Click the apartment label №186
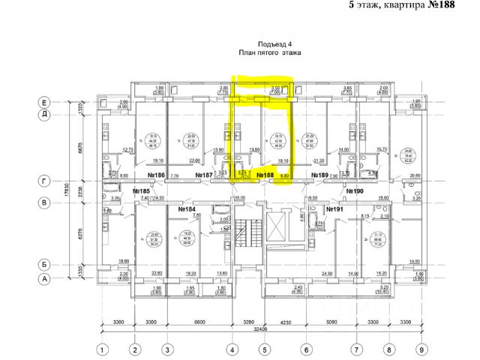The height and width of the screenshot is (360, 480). [156, 176]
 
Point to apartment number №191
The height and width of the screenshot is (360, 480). [335, 208]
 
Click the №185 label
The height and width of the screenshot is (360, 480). [142, 191]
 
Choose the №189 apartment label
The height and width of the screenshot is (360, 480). [319, 176]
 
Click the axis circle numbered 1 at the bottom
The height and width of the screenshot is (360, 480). [103, 349]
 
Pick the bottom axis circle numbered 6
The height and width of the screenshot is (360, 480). [306, 349]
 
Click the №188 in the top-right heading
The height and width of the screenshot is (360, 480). [457, 6]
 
